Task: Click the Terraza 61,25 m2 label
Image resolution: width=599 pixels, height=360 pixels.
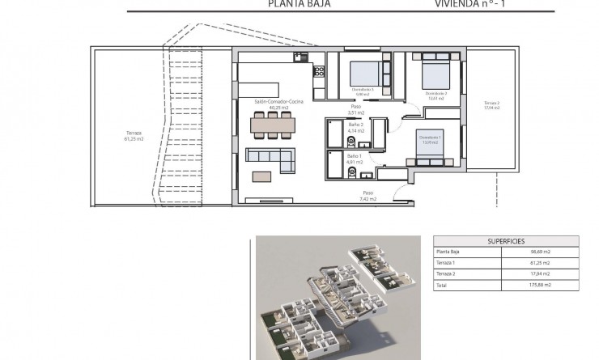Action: tap(134, 136)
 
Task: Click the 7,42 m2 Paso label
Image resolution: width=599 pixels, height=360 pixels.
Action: tap(368, 194)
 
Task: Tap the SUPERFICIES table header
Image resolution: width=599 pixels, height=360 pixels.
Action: tap(507, 241)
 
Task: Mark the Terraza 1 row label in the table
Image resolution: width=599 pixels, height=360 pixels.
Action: tap(448, 263)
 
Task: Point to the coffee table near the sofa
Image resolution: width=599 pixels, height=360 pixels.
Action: tap(263, 176)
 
